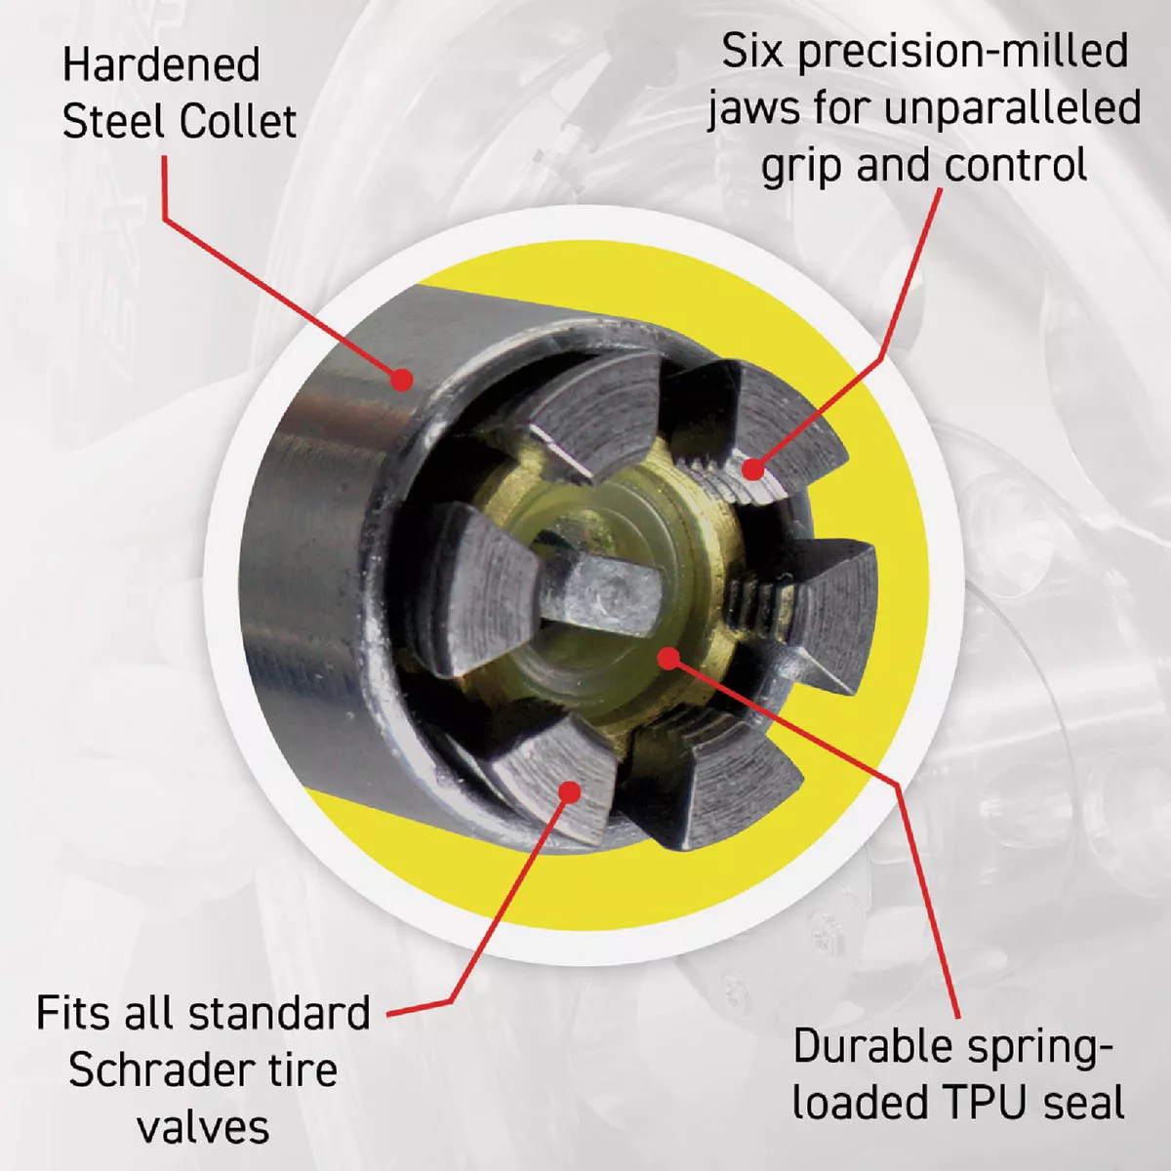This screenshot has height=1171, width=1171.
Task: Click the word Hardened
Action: click(x=161, y=66)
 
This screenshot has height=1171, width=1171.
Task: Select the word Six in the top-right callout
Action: click(x=751, y=51)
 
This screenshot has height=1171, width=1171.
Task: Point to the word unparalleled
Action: click(x=1012, y=108)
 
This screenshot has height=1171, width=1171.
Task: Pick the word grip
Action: click(x=802, y=167)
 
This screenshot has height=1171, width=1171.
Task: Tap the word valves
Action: click(x=203, y=1127)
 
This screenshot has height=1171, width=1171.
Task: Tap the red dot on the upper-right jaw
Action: click(x=752, y=469)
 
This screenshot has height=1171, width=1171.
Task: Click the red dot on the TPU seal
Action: click(x=667, y=658)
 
